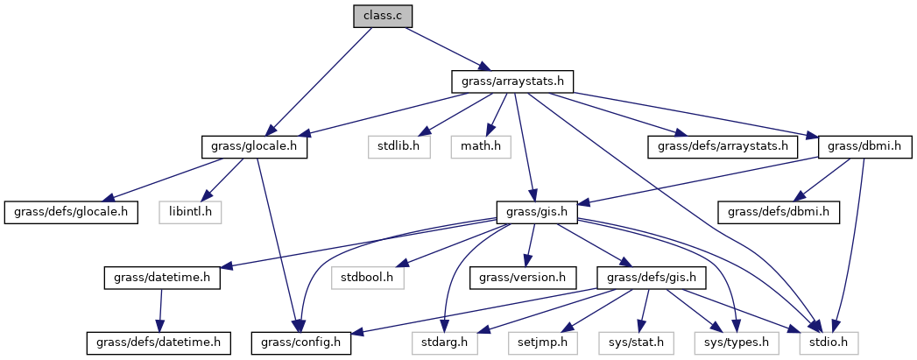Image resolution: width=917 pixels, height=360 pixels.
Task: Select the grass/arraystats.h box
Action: click(512, 81)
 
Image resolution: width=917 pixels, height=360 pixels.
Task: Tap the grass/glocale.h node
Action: click(255, 146)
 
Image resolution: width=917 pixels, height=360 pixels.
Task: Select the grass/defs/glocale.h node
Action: click(71, 211)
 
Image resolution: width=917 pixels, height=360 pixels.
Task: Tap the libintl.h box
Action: click(191, 211)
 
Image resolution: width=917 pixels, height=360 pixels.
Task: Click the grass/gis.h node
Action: click(533, 211)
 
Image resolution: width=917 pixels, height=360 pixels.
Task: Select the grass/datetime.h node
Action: click(162, 278)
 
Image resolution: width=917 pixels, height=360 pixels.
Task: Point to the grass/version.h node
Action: click(524, 278)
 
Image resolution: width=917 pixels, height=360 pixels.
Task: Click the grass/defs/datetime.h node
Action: click(158, 342)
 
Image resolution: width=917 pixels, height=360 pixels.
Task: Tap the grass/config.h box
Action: click(300, 342)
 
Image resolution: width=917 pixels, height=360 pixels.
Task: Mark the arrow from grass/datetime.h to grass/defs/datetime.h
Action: click(160, 310)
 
